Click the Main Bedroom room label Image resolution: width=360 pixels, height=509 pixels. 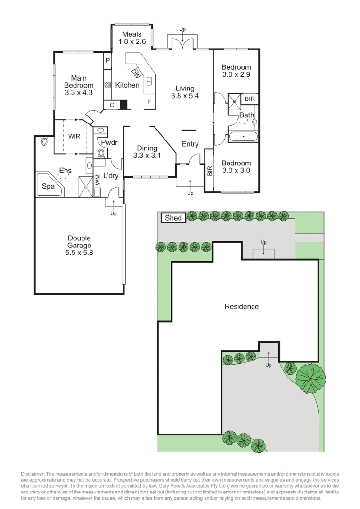[x=79, y=85]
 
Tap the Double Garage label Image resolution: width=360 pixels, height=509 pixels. [x=79, y=245]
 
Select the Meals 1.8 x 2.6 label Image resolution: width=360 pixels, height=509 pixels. [x=132, y=38]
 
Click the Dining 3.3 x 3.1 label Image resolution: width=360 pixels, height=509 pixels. [x=147, y=151]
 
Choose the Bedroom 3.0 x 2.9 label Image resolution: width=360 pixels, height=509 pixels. [x=236, y=71]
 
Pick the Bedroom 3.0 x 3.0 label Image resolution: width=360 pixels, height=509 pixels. [x=236, y=167]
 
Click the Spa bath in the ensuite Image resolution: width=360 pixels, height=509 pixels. [x=49, y=186]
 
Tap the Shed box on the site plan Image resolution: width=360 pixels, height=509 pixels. [x=173, y=218]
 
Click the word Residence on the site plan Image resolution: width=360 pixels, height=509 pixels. [x=241, y=307]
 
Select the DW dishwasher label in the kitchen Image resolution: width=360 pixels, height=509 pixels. [x=136, y=73]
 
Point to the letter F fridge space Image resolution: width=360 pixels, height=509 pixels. [x=149, y=102]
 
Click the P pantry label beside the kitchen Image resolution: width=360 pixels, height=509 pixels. [x=107, y=60]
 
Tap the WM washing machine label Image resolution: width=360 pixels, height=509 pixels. [x=98, y=180]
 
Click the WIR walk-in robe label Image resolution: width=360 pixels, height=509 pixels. [x=74, y=136]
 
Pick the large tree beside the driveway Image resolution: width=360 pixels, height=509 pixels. [x=311, y=378]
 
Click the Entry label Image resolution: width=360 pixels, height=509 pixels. [x=190, y=144]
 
